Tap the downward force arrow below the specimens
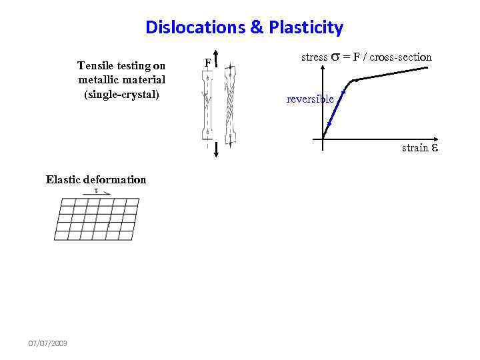[x=217, y=151]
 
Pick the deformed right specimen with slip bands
[x=229, y=103]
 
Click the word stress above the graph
[x=315, y=57]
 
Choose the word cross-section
[x=401, y=57]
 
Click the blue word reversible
[x=310, y=99]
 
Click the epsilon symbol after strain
[x=435, y=148]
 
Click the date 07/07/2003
[x=47, y=343]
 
